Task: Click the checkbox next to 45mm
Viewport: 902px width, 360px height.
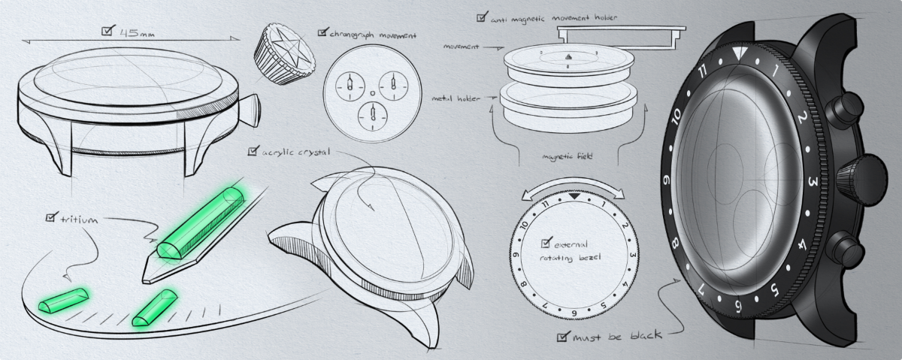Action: pyautogui.click(x=107, y=31)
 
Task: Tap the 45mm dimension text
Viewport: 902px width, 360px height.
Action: pyautogui.click(x=137, y=32)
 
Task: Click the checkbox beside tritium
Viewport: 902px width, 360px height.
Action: pyautogui.click(x=51, y=217)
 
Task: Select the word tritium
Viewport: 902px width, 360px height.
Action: pyautogui.click(x=79, y=219)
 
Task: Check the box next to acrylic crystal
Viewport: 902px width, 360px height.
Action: pyautogui.click(x=253, y=151)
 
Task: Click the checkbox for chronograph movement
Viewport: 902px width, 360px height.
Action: pyautogui.click(x=322, y=32)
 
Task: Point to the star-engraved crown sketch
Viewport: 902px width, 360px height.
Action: pyautogui.click(x=284, y=54)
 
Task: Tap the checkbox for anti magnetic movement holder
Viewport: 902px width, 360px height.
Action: pyautogui.click(x=482, y=17)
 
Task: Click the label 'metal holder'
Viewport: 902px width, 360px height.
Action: pyautogui.click(x=456, y=98)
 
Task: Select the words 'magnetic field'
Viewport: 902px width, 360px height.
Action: pyautogui.click(x=567, y=156)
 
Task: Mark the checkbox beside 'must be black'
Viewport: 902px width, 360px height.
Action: pyautogui.click(x=563, y=337)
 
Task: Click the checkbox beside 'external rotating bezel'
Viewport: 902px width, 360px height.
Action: pyautogui.click(x=546, y=243)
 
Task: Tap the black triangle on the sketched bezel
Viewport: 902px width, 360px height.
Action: pyautogui.click(x=574, y=196)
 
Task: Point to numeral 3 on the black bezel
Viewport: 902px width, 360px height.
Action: pyautogui.click(x=813, y=182)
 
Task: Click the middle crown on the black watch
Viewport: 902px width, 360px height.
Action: pyautogui.click(x=861, y=180)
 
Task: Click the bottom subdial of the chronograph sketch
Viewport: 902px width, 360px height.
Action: pyautogui.click(x=373, y=116)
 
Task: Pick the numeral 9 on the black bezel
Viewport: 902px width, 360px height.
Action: pyautogui.click(x=667, y=180)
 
